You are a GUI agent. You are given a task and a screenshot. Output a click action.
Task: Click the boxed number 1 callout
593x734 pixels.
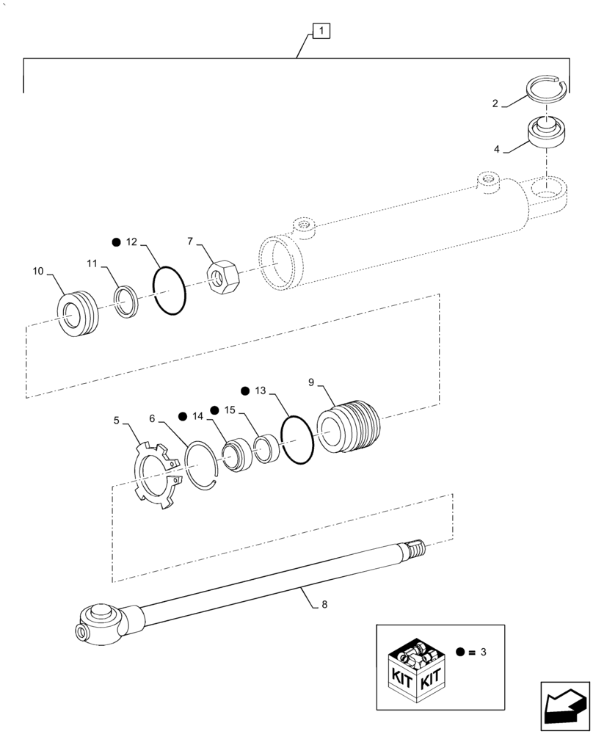321,31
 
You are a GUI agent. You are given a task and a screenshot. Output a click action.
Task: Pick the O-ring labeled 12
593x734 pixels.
170,291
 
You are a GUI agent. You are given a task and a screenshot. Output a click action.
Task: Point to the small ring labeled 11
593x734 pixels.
127,302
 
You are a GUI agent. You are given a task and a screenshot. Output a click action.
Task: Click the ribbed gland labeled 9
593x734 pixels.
350,429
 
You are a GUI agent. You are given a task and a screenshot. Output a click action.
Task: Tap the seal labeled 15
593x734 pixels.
265,448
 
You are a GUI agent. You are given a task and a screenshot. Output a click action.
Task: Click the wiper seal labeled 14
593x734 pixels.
239,455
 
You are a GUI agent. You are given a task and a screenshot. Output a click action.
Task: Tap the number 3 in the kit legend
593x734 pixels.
482,650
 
